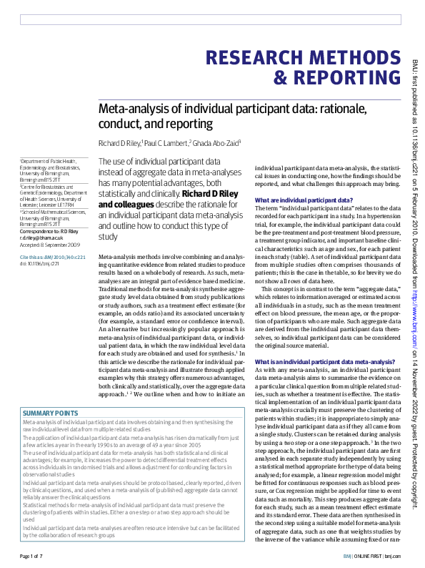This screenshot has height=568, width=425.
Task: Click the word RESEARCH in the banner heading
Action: pyautogui.click(x=256, y=57)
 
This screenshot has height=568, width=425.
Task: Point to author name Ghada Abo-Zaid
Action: pyautogui.click(x=218, y=144)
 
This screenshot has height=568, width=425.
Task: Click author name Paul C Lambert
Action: pyautogui.click(x=166, y=144)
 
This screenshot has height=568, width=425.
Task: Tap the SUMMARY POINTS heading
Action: pyautogui.click(x=50, y=413)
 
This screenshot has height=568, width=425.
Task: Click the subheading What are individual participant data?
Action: pyautogui.click(x=303, y=200)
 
